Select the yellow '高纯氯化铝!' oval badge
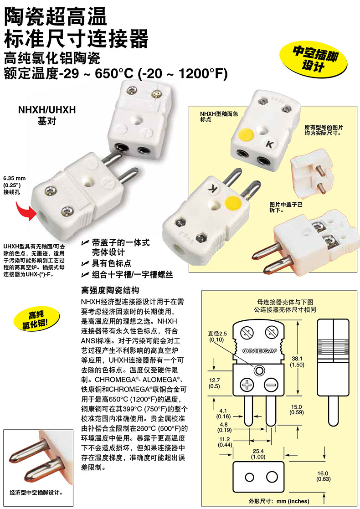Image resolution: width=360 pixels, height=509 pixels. [36, 320]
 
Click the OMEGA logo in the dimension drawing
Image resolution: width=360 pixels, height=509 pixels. [260, 350]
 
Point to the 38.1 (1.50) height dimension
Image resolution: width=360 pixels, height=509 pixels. [298, 362]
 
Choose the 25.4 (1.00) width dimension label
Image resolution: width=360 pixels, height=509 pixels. [258, 454]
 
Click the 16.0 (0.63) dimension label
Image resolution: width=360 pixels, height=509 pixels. [323, 476]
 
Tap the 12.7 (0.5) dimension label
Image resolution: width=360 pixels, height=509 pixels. [214, 383]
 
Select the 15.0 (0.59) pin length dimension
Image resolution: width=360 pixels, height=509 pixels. [296, 410]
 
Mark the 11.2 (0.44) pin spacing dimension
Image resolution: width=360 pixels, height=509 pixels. [224, 442]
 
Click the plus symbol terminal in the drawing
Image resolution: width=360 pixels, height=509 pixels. [247, 385]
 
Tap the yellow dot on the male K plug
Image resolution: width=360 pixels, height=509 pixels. [233, 204]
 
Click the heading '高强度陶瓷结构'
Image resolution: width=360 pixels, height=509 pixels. [110, 290]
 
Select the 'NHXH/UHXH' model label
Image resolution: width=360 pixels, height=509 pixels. [47, 110]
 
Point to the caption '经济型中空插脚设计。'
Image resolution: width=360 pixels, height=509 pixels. [36, 493]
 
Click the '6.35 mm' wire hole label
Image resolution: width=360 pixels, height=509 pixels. [14, 178]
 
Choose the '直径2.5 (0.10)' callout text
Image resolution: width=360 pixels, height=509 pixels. [217, 336]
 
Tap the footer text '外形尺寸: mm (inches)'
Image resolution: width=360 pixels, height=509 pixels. [279, 501]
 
